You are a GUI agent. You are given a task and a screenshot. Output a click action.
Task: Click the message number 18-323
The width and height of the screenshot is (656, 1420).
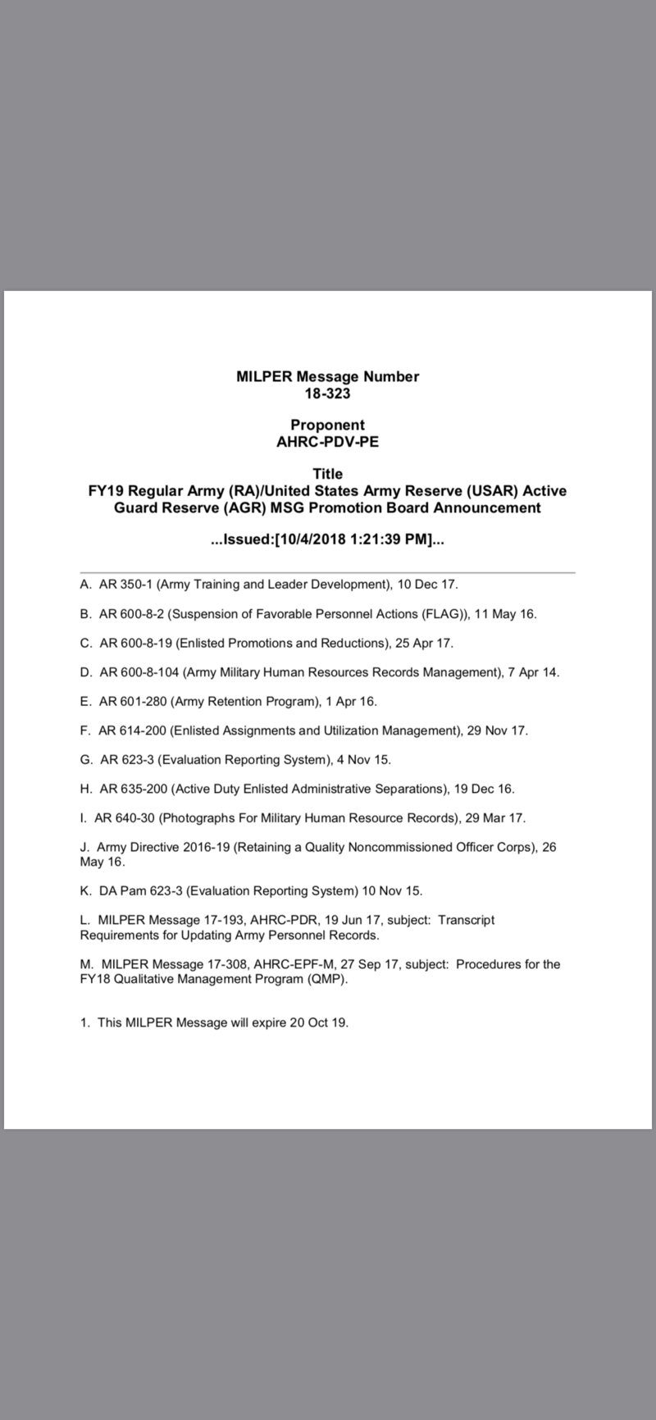327,394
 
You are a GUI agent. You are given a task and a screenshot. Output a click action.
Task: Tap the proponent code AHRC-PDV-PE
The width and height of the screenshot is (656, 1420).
327,442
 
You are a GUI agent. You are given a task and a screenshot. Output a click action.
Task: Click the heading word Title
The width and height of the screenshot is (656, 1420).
327,474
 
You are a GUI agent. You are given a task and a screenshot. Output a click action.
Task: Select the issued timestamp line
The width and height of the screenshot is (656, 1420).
327,540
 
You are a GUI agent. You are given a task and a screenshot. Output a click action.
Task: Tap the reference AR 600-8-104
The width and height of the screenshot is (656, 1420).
139,672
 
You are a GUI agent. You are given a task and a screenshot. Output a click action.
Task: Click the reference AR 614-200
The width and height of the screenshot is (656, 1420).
133,730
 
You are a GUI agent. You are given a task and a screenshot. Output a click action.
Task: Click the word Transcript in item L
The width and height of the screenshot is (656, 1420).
466,920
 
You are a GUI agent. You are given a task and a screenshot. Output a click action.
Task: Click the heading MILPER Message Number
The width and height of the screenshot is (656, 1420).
327,377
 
